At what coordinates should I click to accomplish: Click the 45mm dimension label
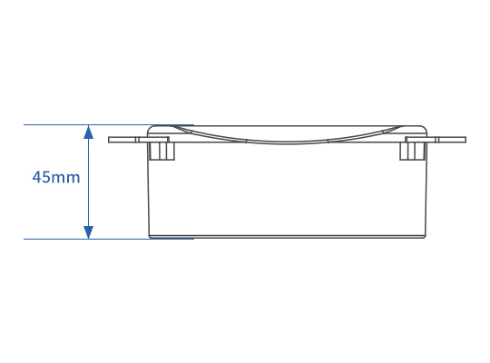point(56,177)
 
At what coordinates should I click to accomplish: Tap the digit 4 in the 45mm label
point(37,177)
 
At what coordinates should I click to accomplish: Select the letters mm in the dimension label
point(65,179)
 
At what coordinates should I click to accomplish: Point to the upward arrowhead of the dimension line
point(89,132)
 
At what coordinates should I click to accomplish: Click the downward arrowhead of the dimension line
point(89,232)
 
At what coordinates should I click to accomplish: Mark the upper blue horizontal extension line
point(109,124)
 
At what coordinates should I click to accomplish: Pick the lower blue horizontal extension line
point(109,240)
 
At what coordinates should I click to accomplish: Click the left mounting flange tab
point(139,140)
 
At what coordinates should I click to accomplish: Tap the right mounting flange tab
point(436,140)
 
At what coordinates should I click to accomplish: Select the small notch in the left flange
point(137,140)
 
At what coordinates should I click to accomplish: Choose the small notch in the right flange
point(436,140)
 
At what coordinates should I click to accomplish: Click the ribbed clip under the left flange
point(162,152)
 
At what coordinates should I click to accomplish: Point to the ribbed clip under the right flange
point(413,152)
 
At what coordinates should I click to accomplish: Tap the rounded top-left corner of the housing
point(150,128)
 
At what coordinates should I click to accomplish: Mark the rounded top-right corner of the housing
point(425,128)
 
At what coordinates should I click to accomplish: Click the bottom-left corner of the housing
point(150,237)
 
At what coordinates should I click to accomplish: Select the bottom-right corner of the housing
point(425,237)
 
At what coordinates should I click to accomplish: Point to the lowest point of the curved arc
point(286,143)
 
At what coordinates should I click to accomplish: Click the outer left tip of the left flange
point(109,140)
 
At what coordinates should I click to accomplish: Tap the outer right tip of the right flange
point(465,140)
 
